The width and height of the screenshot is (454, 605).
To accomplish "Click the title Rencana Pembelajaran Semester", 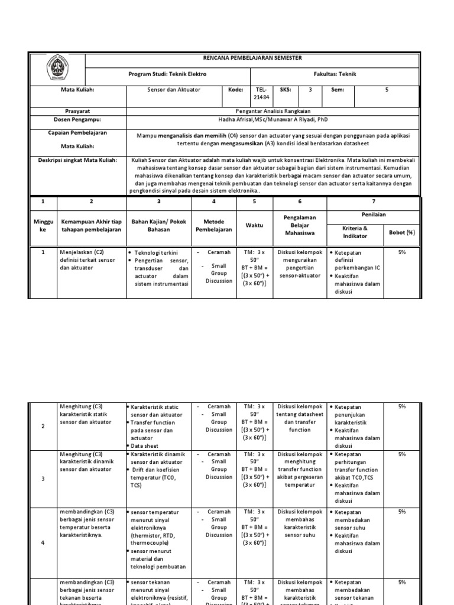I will coord(252,58).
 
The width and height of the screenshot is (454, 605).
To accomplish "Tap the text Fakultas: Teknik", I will coord(335,74).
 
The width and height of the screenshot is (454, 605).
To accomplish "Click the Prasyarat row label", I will coord(77,110).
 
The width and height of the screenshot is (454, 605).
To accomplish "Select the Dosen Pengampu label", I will coord(77,119).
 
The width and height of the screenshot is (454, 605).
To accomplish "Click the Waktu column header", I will coord(254,226).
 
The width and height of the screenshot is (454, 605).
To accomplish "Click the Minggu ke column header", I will coord(43,226).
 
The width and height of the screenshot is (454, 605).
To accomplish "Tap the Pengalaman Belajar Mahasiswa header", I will coord(300,225).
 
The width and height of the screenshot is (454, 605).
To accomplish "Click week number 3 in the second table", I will coord(43,479).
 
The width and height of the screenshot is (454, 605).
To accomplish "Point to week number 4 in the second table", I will coord(43,542).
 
